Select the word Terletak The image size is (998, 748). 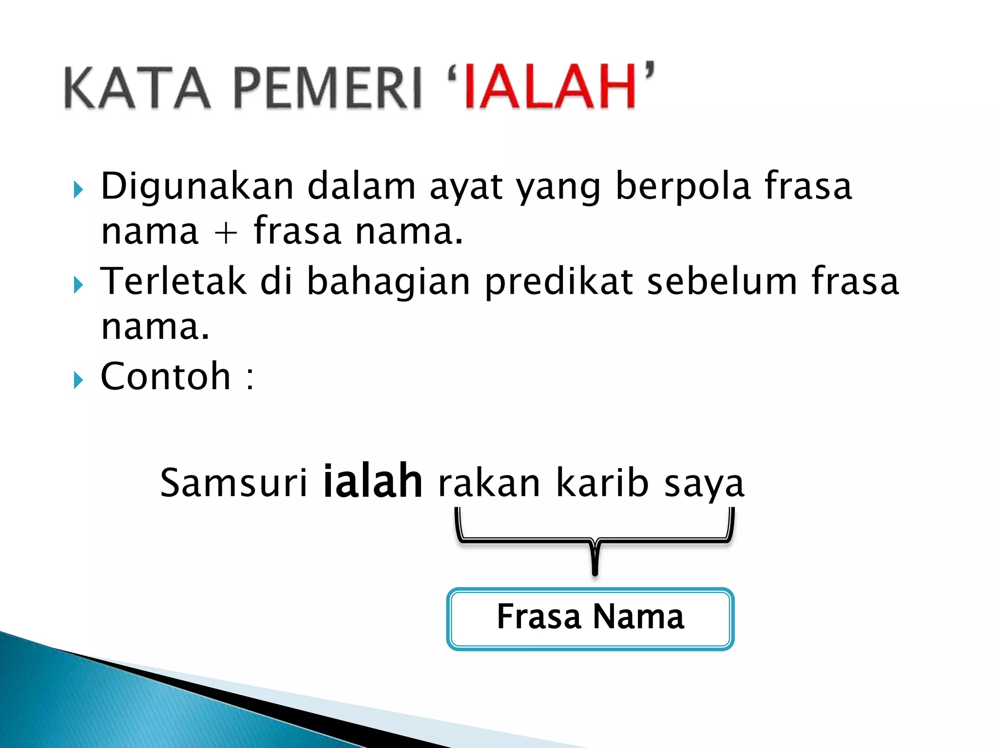(173, 281)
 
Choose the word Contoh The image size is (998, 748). (165, 376)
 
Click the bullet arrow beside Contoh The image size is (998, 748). (78, 380)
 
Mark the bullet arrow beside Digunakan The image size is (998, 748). (78, 189)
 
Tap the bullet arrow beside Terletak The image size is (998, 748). (78, 285)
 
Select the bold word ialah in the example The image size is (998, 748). (373, 482)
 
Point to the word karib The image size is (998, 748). (602, 483)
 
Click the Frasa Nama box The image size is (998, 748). (590, 618)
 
